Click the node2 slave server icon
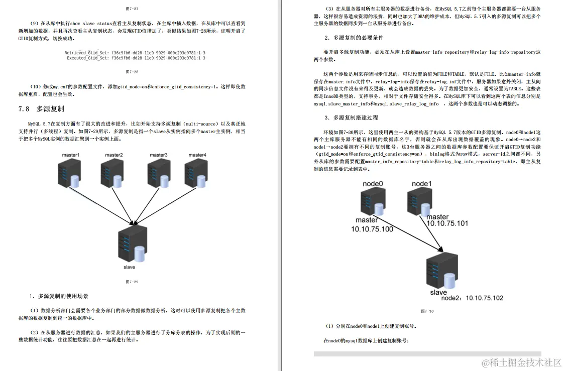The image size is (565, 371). coord(442,272)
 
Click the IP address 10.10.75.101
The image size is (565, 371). coord(447,223)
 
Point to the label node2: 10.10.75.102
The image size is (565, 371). coord(472,298)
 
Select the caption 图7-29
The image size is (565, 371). coord(132,282)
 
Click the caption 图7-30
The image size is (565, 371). coord(427,311)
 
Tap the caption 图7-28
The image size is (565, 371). coord(132,72)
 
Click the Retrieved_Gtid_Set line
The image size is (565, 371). coord(135,53)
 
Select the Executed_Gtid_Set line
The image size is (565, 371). coord(136,58)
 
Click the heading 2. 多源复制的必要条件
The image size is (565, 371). coord(354,38)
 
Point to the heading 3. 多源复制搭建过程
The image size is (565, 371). coord(351,117)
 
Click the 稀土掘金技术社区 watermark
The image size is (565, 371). coord(522,362)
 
